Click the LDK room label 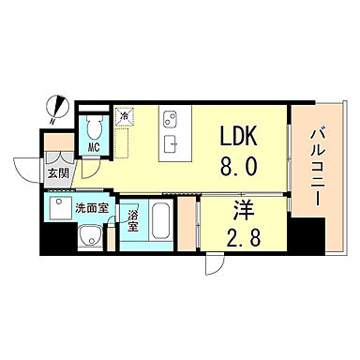pyautogui.click(x=239, y=136)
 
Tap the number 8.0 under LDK pyautogui.click(x=239, y=166)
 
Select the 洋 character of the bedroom pyautogui.click(x=243, y=211)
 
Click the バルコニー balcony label pyautogui.click(x=318, y=168)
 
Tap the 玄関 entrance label pyautogui.click(x=58, y=173)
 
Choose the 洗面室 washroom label pyautogui.click(x=92, y=208)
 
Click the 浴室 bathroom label pyautogui.click(x=132, y=220)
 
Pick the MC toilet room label pyautogui.click(x=94, y=147)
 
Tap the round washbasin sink pyautogui.click(x=89, y=236)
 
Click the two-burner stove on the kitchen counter pyautogui.click(x=170, y=120)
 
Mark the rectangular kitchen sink pyautogui.click(x=171, y=144)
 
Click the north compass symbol pyautogui.click(x=56, y=108)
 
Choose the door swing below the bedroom pyautogui.click(x=215, y=266)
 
